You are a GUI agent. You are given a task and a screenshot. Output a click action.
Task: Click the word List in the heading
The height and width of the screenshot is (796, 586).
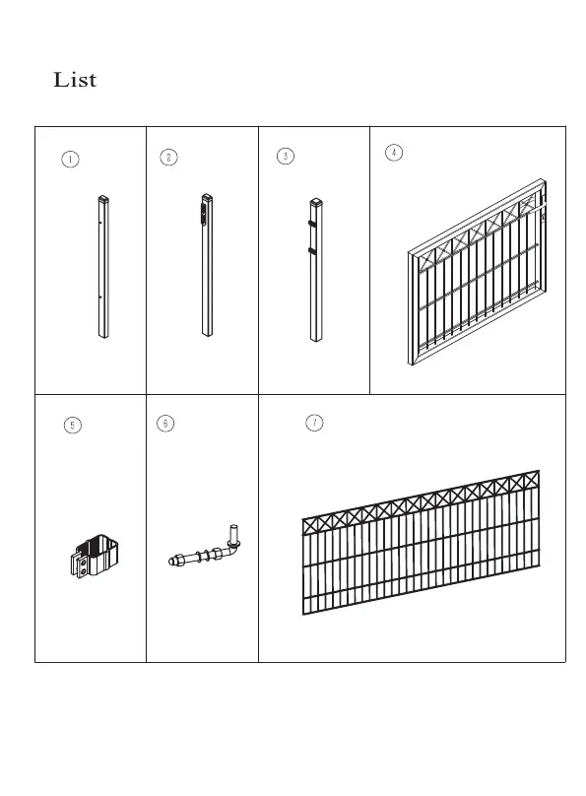point(75,80)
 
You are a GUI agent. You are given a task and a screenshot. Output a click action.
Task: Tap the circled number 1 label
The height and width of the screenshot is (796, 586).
point(70,160)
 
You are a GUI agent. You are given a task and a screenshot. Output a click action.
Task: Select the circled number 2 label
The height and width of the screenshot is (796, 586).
point(169,158)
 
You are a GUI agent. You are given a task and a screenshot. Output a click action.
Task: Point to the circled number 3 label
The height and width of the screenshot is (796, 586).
point(286,156)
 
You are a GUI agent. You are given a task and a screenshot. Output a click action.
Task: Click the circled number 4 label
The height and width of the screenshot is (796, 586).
point(394,153)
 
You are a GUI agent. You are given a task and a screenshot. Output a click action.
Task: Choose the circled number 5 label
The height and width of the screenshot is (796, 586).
point(73,425)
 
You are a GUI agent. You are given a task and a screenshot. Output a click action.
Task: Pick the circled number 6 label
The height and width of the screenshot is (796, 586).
point(165,424)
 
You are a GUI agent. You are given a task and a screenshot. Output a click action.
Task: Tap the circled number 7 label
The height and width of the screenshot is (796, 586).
point(314,423)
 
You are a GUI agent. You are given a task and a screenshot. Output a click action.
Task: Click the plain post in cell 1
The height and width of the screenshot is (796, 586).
point(103,267)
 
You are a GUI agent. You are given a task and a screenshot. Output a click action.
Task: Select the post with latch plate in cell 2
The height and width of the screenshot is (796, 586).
point(207,265)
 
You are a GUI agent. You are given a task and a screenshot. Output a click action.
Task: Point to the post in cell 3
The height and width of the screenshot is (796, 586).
point(316,270)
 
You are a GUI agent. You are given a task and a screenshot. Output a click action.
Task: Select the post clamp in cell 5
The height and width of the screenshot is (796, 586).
point(95,556)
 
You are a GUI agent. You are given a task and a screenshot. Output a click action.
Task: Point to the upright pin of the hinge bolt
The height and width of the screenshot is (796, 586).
point(234,534)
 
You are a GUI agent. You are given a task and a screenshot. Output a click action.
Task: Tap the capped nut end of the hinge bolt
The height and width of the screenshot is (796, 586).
point(174,561)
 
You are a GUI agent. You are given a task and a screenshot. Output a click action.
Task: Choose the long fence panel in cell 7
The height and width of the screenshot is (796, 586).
point(421,543)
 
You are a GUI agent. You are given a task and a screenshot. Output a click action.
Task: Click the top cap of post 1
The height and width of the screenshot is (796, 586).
point(103,197)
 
